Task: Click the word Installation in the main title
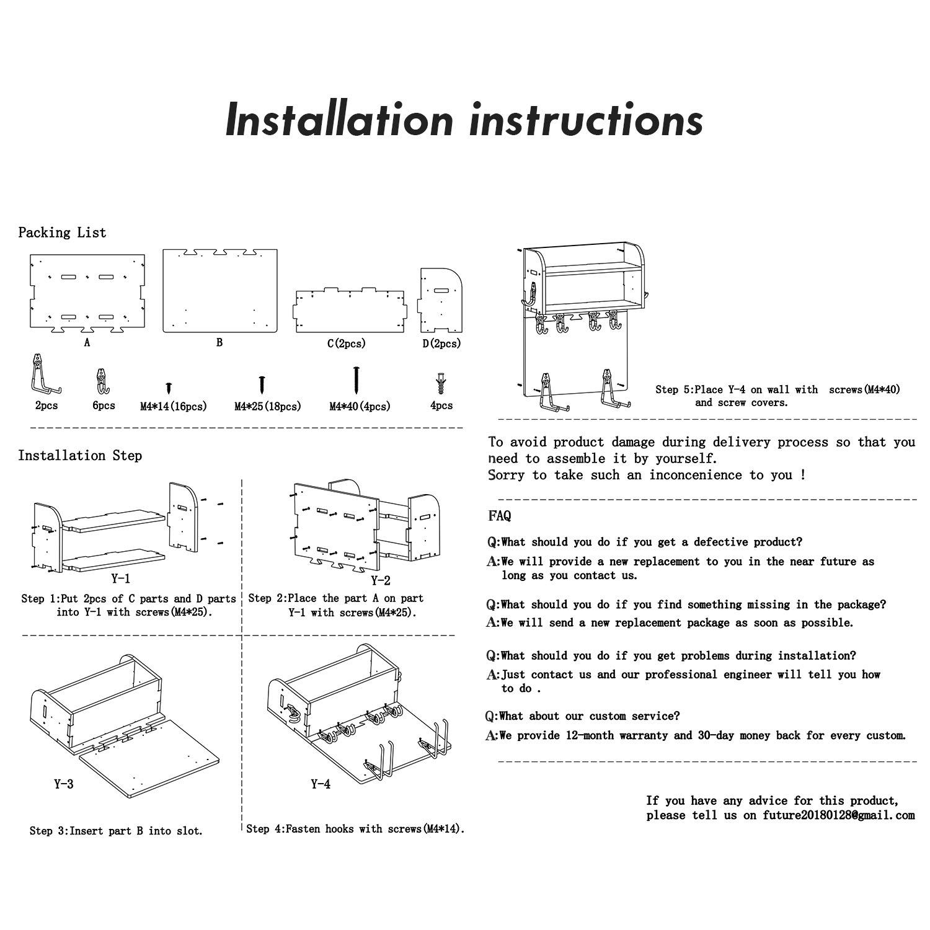pyautogui.click(x=340, y=119)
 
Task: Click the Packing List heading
pyautogui.click(x=62, y=232)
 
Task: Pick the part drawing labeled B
pyautogui.click(x=220, y=290)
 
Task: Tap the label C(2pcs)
pyautogui.click(x=347, y=343)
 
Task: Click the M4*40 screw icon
pyautogui.click(x=356, y=379)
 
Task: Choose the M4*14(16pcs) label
pyautogui.click(x=173, y=407)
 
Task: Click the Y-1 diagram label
pyautogui.click(x=120, y=579)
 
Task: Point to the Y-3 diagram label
pyautogui.click(x=63, y=784)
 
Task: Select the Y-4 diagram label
pyautogui.click(x=321, y=784)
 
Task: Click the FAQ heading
pyautogui.click(x=500, y=516)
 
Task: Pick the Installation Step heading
pyautogui.click(x=80, y=456)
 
